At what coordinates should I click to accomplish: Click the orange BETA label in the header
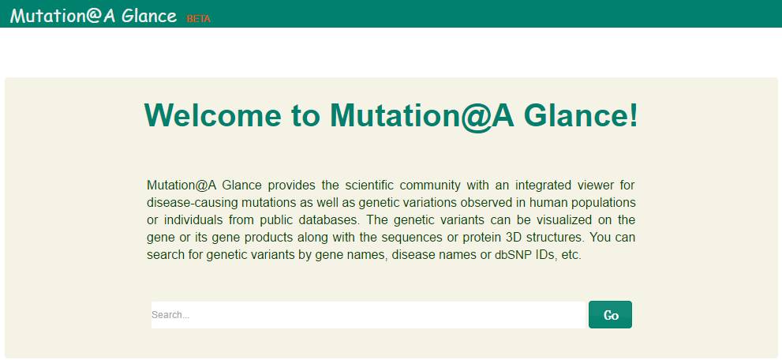(x=199, y=19)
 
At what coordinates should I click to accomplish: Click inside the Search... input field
(x=368, y=315)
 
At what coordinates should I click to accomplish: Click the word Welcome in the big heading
(x=213, y=115)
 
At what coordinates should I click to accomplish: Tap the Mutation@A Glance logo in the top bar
(x=93, y=15)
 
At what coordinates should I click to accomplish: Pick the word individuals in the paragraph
(x=194, y=220)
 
